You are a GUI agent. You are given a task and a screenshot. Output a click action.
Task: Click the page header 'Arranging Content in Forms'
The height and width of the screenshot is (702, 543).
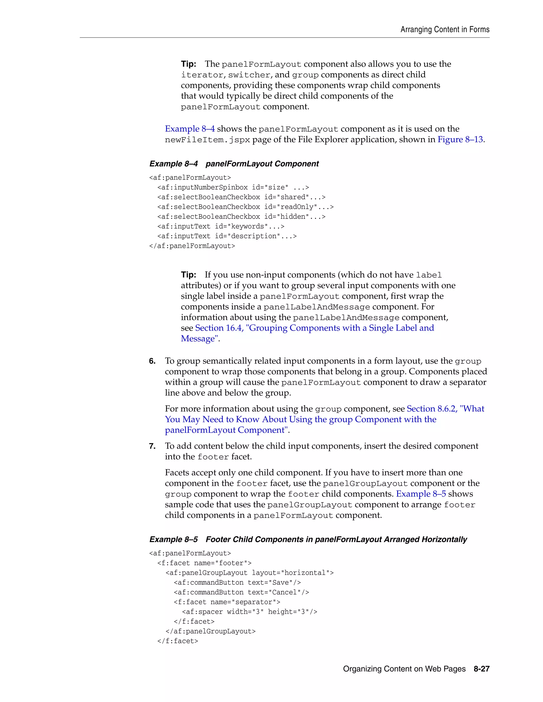point(445,30)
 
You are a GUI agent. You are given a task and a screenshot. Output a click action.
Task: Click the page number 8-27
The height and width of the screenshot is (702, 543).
point(481,669)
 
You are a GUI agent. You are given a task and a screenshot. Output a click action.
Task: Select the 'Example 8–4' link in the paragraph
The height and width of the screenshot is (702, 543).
point(190,129)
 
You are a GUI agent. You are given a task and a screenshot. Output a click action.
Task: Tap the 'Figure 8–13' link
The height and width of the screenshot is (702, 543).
point(460,140)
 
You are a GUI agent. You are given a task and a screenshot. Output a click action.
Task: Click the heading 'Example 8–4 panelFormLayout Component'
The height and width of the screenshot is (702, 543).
point(234,164)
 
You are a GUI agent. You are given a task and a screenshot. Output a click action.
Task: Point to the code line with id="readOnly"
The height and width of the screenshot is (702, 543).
point(245,207)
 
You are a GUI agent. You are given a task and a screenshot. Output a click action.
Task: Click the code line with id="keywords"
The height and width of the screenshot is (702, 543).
point(221,226)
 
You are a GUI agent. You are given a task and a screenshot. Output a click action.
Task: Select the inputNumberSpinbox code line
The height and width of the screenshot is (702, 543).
point(233,187)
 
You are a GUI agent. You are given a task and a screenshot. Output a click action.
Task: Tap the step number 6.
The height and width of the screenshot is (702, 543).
point(152,361)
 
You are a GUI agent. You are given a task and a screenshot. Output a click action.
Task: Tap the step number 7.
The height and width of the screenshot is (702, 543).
point(152,446)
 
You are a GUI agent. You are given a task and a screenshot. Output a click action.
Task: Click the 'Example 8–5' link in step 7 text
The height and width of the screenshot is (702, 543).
point(421,494)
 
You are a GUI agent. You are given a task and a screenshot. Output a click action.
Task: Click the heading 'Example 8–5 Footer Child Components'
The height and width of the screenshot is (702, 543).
point(308,539)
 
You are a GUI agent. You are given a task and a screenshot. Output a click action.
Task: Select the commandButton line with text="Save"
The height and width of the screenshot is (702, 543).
point(237,583)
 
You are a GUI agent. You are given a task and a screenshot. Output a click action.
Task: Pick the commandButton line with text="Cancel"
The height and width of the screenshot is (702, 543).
point(241,592)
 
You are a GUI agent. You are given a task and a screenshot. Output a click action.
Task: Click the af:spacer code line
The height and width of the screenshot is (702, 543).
point(249,612)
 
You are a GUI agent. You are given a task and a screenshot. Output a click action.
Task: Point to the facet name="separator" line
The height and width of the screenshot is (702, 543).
point(227,602)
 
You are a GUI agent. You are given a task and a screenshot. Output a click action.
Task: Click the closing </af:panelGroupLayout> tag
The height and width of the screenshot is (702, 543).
point(210,631)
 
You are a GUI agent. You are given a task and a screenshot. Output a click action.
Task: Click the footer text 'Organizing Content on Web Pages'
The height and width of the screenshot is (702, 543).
point(404,669)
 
